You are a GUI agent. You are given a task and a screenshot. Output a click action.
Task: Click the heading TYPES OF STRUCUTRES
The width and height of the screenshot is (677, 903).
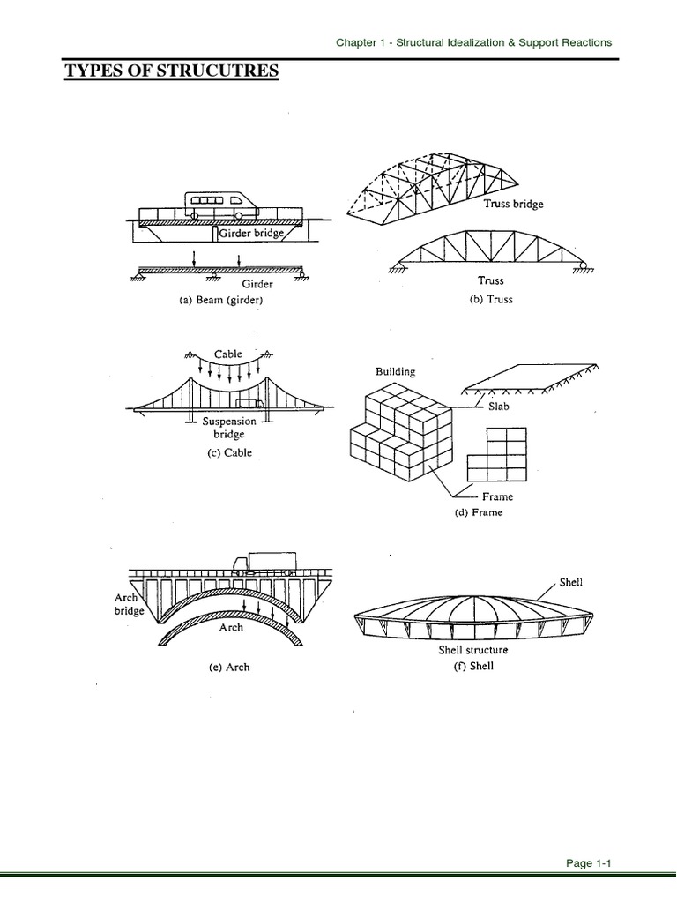click(x=172, y=70)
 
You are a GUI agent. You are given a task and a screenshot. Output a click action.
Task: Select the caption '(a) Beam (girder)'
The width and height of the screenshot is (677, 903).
click(x=221, y=300)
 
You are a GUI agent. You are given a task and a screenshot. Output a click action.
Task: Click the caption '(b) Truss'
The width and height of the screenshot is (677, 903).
click(x=491, y=299)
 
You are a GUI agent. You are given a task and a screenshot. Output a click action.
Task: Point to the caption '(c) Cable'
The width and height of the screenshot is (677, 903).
click(x=221, y=453)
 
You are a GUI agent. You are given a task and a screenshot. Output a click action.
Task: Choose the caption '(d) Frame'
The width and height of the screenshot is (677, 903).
click(x=479, y=512)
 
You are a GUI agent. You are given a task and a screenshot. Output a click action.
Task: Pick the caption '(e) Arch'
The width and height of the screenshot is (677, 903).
click(x=228, y=667)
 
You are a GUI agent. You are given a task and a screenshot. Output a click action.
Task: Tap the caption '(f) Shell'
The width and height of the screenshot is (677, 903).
click(x=472, y=666)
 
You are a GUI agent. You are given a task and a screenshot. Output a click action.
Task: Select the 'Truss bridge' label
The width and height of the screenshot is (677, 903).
click(x=513, y=204)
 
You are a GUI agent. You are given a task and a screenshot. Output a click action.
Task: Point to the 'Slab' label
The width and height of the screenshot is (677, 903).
click(x=499, y=407)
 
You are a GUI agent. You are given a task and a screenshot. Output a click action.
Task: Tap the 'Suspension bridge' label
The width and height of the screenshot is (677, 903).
click(x=229, y=428)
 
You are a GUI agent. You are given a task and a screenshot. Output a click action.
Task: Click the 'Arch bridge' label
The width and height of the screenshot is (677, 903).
click(x=129, y=604)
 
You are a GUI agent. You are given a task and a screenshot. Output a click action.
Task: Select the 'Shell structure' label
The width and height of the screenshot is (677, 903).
click(x=473, y=650)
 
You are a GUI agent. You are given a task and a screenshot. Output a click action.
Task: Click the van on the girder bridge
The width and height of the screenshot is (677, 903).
click(x=220, y=205)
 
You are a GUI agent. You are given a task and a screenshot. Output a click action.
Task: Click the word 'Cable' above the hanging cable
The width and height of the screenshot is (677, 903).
click(x=227, y=354)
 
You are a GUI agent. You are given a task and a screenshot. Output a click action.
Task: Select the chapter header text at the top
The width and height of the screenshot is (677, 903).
click(x=474, y=42)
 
